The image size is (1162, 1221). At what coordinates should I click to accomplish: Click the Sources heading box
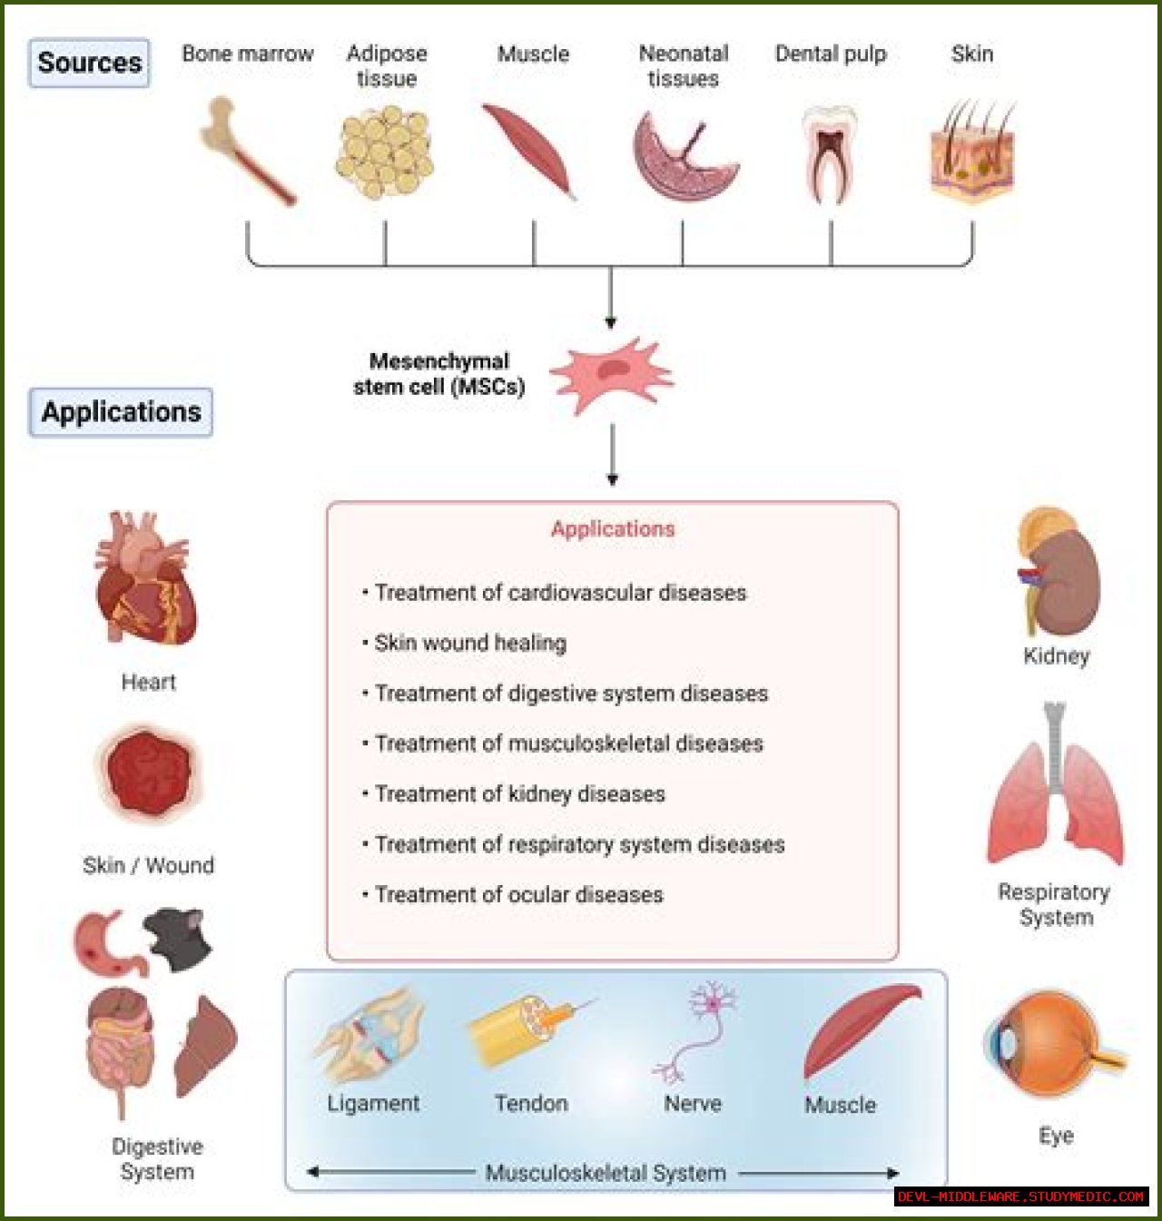tap(89, 63)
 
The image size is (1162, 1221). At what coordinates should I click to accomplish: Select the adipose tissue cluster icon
tap(385, 152)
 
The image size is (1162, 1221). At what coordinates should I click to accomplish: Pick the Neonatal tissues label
tap(683, 65)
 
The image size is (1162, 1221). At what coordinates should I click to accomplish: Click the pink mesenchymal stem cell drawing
tap(612, 374)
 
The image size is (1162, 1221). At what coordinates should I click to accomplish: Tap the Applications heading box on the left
tap(121, 412)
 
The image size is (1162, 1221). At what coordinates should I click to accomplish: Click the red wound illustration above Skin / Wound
tap(148, 772)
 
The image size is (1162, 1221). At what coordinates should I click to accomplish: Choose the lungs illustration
tap(1055, 790)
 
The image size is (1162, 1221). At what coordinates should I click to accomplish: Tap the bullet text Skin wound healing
tap(470, 643)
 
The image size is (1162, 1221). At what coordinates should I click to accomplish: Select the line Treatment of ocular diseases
tap(518, 894)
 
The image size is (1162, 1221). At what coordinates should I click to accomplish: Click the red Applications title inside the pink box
tap(613, 529)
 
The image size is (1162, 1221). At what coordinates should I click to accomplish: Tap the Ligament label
tap(373, 1103)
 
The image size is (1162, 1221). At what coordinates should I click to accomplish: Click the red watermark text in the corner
tap(1020, 1196)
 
